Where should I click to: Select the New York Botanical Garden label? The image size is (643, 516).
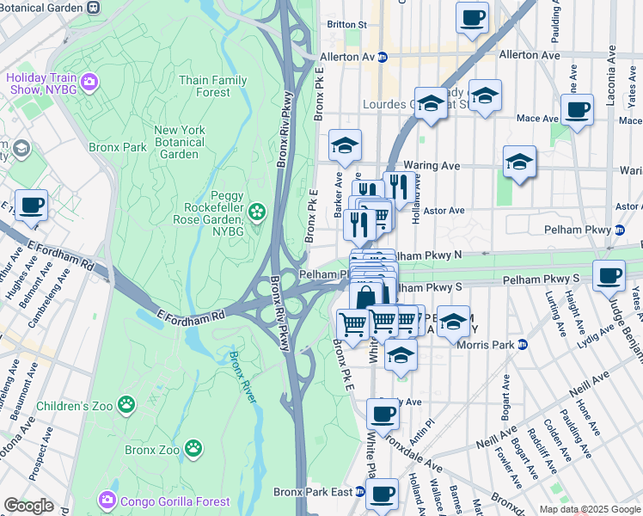pos(180,142)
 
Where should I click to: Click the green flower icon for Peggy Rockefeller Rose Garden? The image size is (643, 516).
pos(256,212)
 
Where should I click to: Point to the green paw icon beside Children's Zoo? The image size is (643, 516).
pos(126,404)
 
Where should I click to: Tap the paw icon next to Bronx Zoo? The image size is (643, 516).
pos(195,448)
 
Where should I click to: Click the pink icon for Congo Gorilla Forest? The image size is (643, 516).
pos(107,500)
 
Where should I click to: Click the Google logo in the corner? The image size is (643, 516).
pos(28,505)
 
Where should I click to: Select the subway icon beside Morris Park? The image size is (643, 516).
pos(522,345)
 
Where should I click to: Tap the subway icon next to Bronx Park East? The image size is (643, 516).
pos(360,492)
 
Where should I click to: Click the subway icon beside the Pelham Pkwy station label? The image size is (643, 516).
pos(619,230)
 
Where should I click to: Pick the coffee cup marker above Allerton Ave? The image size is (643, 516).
pos(471,18)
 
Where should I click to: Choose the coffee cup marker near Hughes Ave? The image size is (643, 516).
pos(32,206)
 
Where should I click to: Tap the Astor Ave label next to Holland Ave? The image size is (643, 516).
pos(444,210)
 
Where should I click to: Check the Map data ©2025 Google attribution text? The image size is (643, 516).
pos(590,509)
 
